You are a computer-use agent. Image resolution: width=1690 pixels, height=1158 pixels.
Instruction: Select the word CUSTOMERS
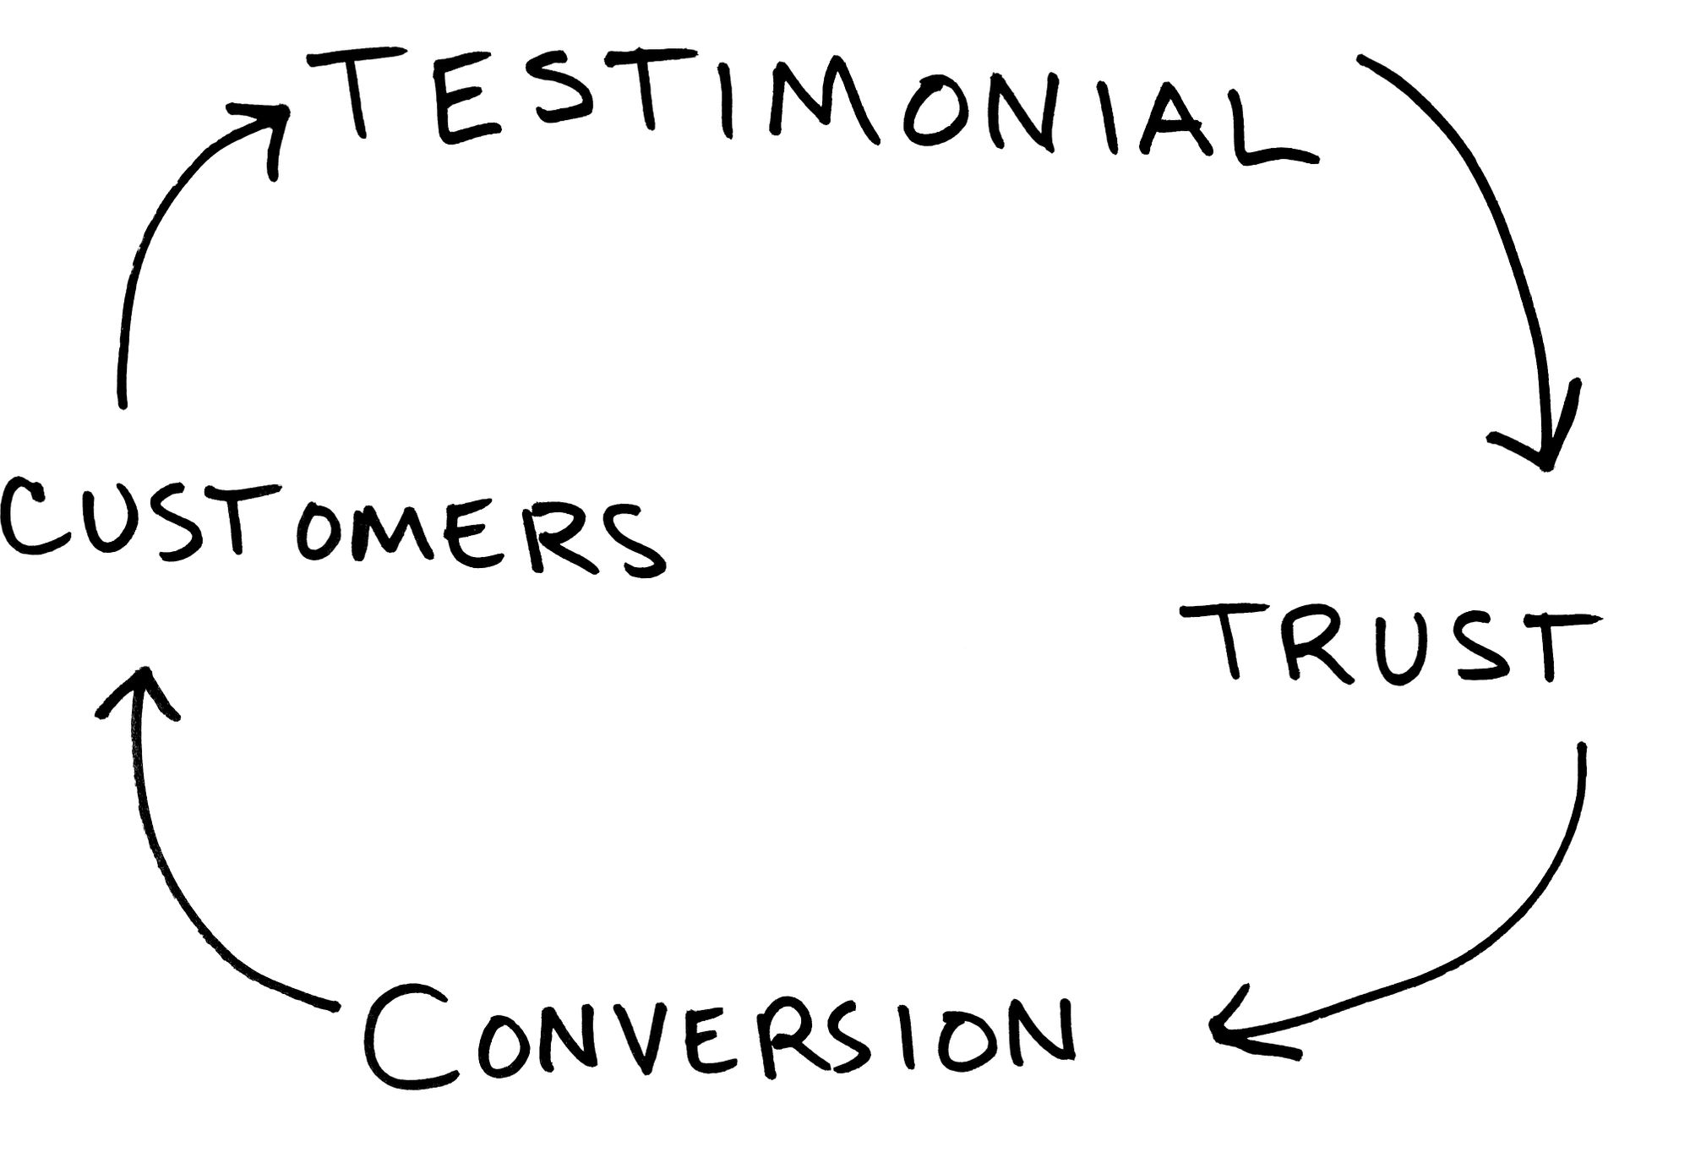coord(330,528)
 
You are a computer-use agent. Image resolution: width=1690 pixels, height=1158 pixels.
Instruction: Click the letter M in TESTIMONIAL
coord(824,106)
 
